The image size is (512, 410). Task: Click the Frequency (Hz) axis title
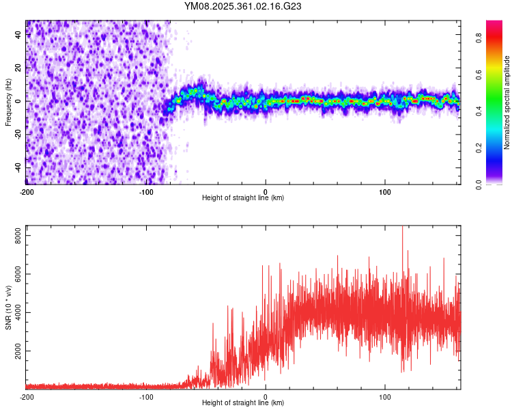click(x=8, y=102)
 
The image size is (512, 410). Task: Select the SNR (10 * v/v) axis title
click(x=8, y=307)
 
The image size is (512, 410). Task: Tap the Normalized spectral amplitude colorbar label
click(x=507, y=102)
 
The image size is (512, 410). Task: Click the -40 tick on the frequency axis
click(x=17, y=167)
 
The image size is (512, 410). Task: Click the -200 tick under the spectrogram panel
click(x=27, y=191)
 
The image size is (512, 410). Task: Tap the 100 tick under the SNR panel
click(x=385, y=396)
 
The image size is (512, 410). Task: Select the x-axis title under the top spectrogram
click(x=243, y=197)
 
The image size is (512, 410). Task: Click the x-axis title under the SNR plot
click(x=243, y=403)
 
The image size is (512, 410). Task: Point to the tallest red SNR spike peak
click(x=402, y=228)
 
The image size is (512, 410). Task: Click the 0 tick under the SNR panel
click(x=266, y=396)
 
